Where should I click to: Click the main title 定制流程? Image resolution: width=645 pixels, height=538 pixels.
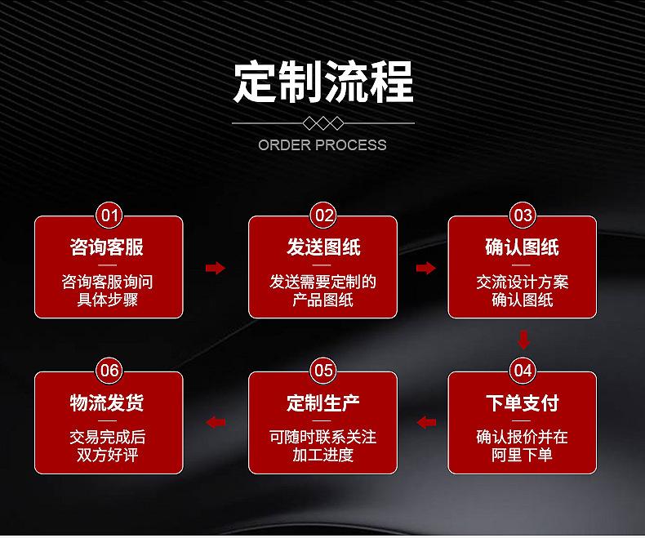323,82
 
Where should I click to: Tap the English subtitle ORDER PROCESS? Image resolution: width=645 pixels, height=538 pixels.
322,145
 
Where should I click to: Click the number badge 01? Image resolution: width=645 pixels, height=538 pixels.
109,215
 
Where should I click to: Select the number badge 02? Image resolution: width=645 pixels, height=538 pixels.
324,215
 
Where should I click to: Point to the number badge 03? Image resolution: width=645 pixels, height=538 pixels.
523,215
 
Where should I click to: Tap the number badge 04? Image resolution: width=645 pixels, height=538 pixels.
523,371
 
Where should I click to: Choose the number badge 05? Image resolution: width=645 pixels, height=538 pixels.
324,371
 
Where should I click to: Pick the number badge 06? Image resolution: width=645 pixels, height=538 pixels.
109,371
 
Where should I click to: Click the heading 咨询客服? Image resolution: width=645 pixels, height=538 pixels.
107,247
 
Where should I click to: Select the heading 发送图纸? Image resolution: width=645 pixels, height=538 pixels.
323,247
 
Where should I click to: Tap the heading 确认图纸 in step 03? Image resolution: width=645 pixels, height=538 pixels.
522,247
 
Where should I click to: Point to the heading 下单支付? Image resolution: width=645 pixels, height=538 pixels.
522,402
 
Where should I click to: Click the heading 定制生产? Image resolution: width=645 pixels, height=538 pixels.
323,402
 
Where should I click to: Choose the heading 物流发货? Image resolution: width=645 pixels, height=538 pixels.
107,402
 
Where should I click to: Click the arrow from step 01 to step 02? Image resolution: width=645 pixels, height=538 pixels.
216,268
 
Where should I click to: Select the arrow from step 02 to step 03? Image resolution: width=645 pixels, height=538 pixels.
425,268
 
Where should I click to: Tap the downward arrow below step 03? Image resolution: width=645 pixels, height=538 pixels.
523,340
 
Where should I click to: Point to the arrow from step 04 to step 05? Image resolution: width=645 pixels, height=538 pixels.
426,422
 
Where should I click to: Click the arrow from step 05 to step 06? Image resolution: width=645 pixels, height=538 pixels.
216,422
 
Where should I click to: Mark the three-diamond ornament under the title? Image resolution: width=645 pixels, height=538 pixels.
323,123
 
